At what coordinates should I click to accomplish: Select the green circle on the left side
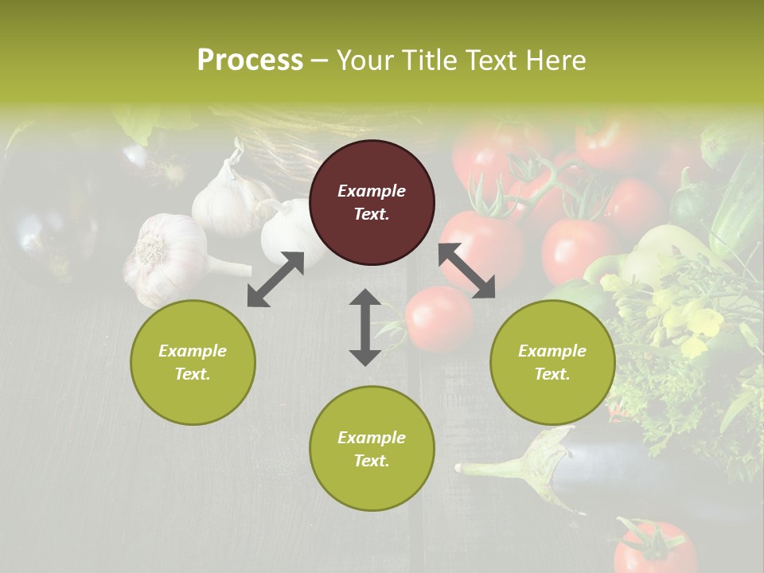[193, 362]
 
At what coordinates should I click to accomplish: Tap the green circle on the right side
[552, 362]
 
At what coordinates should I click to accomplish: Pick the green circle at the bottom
[372, 448]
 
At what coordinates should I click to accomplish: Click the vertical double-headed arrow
[365, 327]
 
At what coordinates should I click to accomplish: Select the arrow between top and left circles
[275, 279]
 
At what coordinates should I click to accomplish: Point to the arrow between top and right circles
[467, 271]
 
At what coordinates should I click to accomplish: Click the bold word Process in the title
[250, 60]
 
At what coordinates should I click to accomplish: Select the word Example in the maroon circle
[372, 191]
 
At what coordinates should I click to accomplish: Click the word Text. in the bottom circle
[372, 461]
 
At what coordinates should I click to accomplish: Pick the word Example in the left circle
[193, 351]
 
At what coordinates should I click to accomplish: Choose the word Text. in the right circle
[552, 374]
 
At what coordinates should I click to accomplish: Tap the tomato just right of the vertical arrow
[439, 318]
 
